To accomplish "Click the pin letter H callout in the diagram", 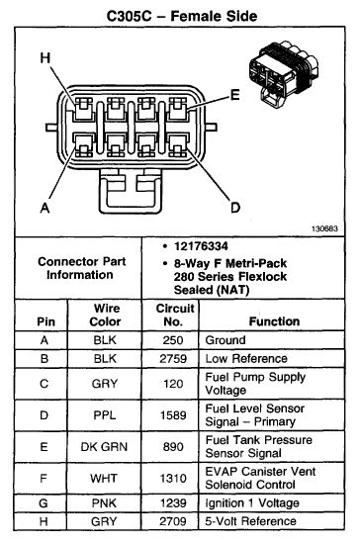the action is coord(45,57).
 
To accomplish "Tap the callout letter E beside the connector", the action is coord(235,95).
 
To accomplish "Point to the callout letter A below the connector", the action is coord(45,208).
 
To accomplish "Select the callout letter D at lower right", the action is coord(235,208).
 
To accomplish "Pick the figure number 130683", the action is coord(324,228).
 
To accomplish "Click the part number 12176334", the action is coord(201,246).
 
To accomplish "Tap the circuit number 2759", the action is coord(173,358).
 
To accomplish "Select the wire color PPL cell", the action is coord(105,414).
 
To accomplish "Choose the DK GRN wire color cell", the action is coord(104,447).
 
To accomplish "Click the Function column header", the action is coord(274,321).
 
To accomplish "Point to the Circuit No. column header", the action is coord(175,315).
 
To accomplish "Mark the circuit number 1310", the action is coord(173,479).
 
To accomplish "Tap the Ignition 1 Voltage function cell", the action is coord(252,503).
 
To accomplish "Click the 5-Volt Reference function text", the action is coord(250,521).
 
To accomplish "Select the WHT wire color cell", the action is coord(104,479).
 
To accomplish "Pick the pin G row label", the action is coord(44,503).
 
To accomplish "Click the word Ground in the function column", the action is coord(225,340).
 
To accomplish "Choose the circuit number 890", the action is coord(173,447).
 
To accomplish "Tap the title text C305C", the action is coord(130,16).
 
